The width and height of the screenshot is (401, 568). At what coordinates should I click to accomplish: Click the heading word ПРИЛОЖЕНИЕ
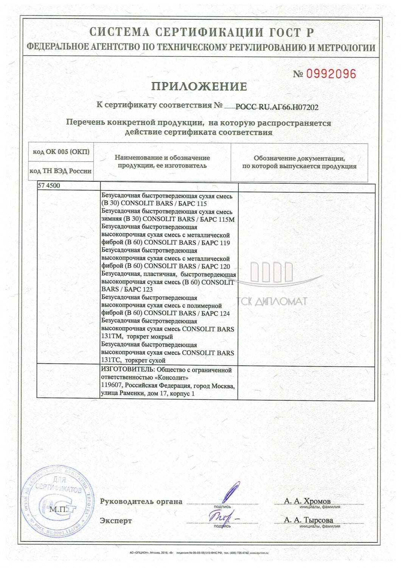tap(199, 87)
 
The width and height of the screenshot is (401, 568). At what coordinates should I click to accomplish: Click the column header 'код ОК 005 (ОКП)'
tap(61, 152)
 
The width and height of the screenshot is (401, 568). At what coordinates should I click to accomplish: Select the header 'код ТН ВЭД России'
tap(61, 171)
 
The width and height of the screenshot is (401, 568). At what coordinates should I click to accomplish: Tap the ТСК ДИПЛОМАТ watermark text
tap(274, 302)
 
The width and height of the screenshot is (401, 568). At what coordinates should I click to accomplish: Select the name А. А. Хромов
tap(307, 501)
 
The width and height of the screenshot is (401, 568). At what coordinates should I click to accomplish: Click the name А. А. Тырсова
tap(308, 520)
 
